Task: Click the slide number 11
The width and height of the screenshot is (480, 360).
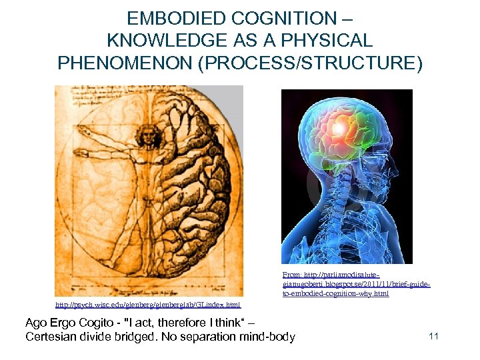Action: pyautogui.click(x=433, y=336)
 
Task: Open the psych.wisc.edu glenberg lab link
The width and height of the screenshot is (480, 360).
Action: pyautogui.click(x=147, y=305)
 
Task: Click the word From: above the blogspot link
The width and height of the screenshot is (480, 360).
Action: pyautogui.click(x=292, y=274)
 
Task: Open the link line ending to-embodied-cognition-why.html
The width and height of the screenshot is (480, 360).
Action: pyautogui.click(x=335, y=293)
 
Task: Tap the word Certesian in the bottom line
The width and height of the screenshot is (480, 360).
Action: pyautogui.click(x=51, y=337)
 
